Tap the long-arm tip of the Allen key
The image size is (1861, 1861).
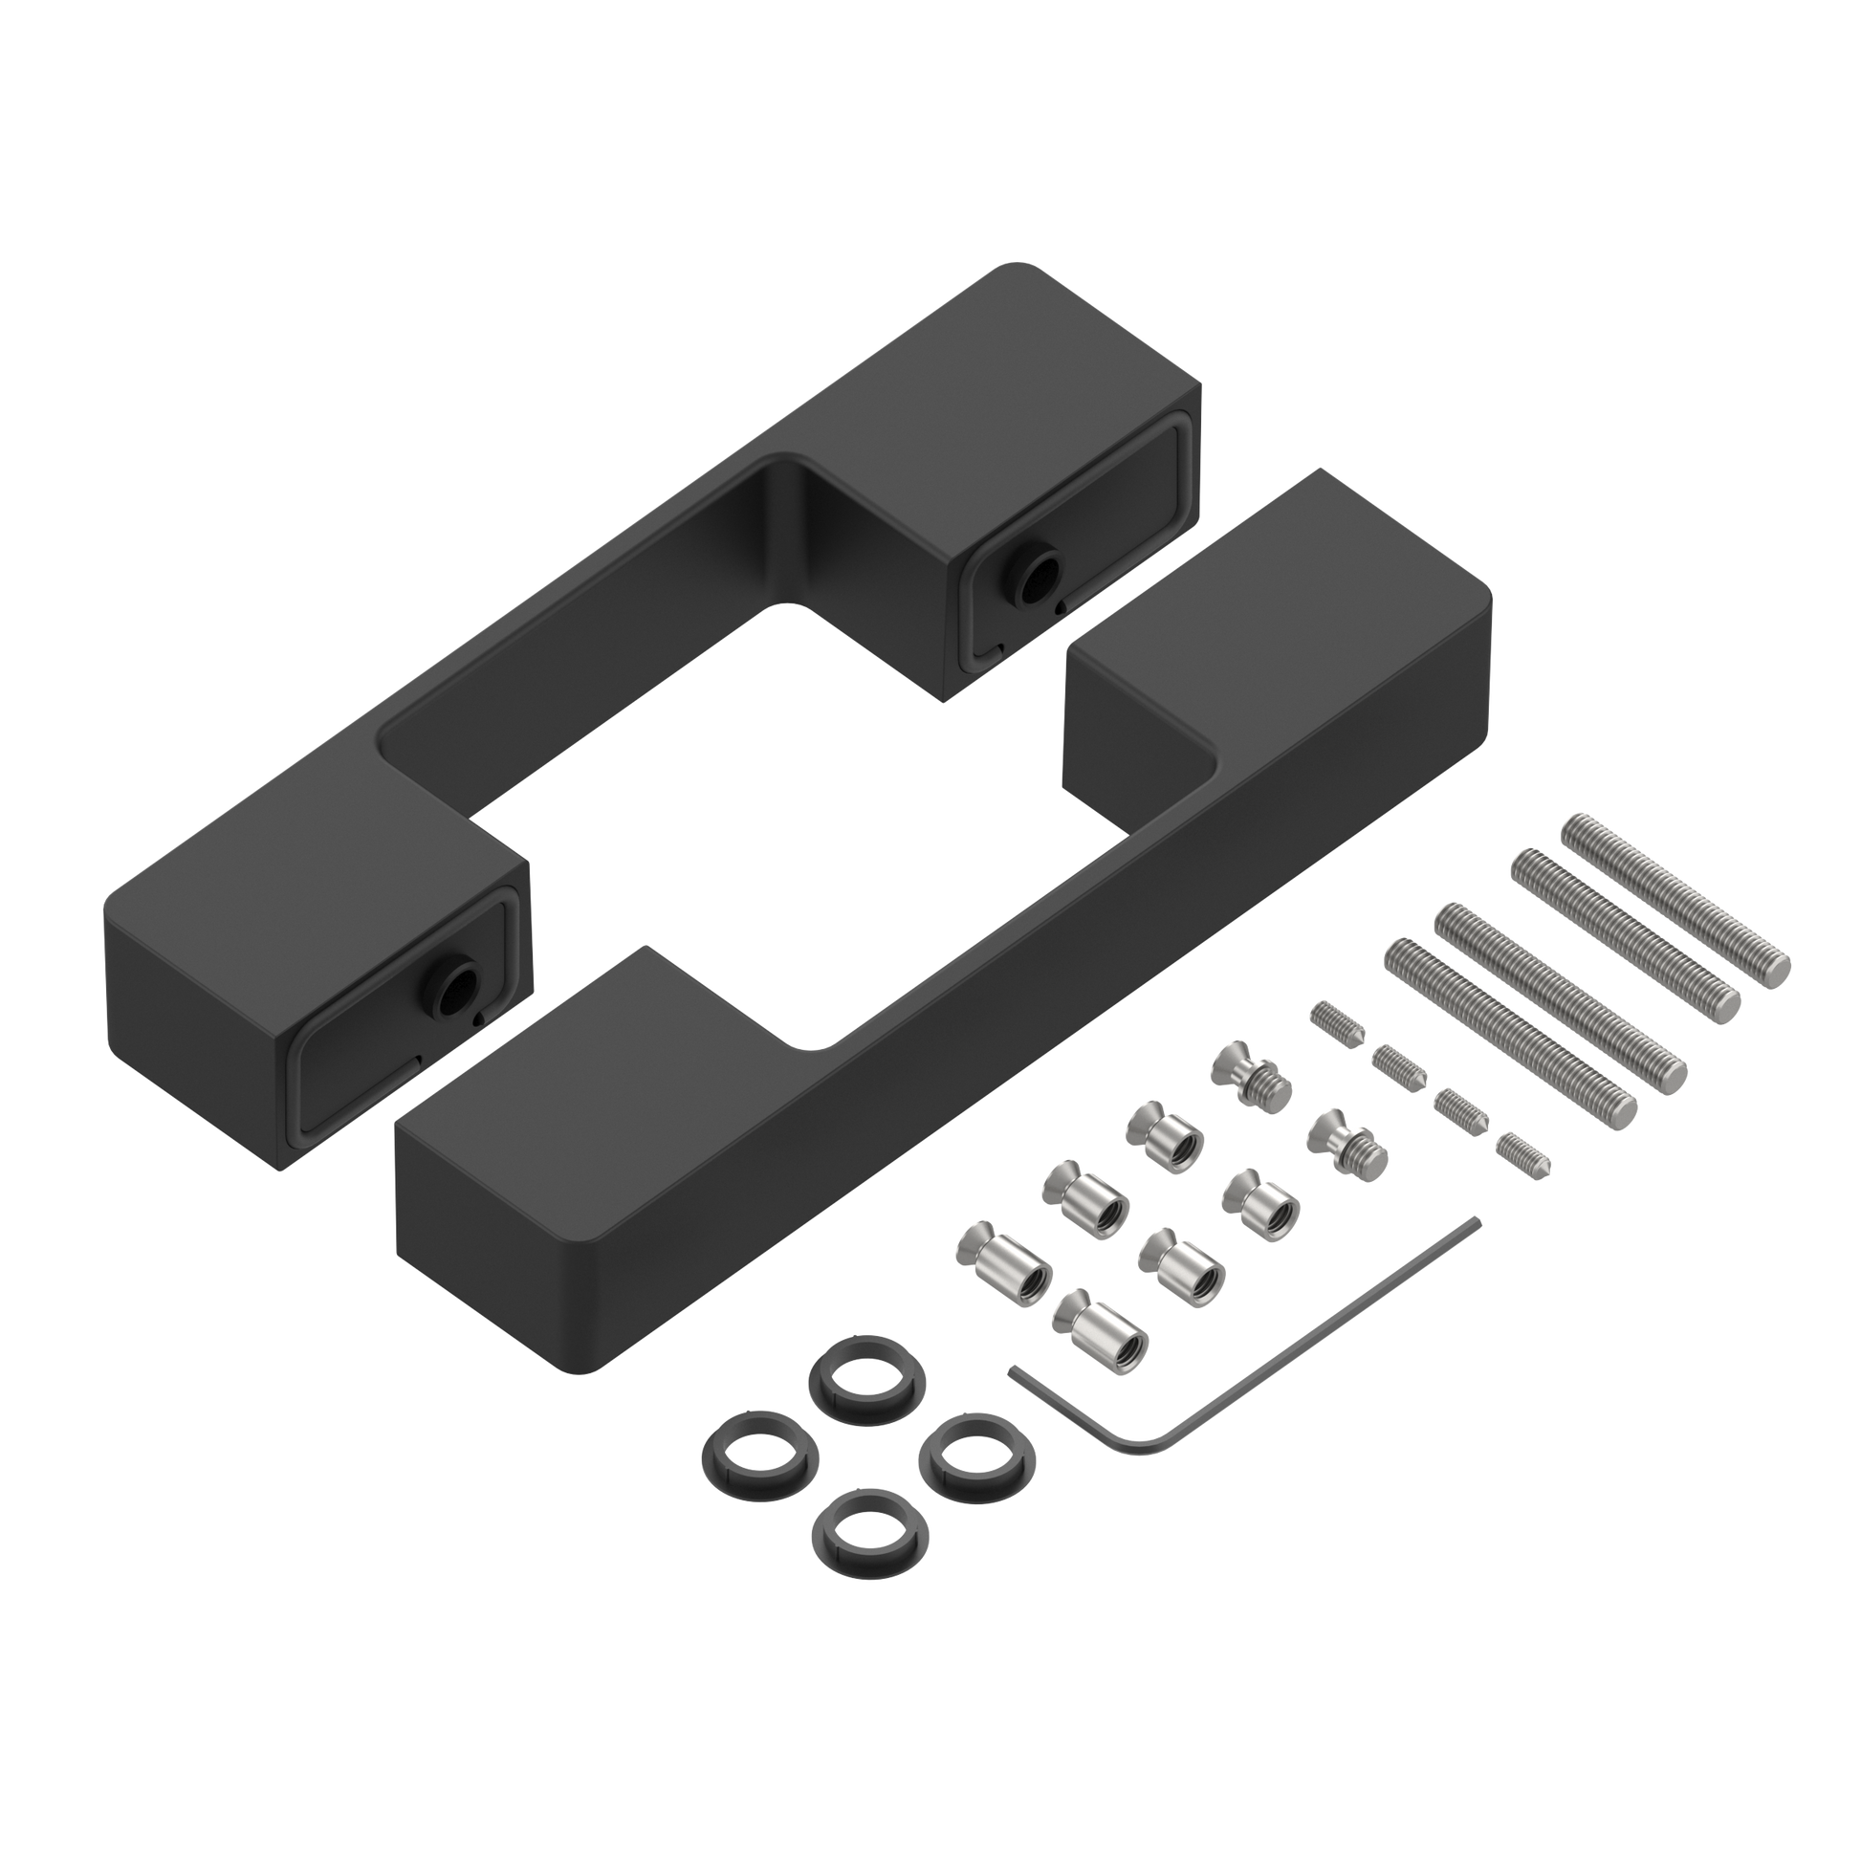point(1478,1221)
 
